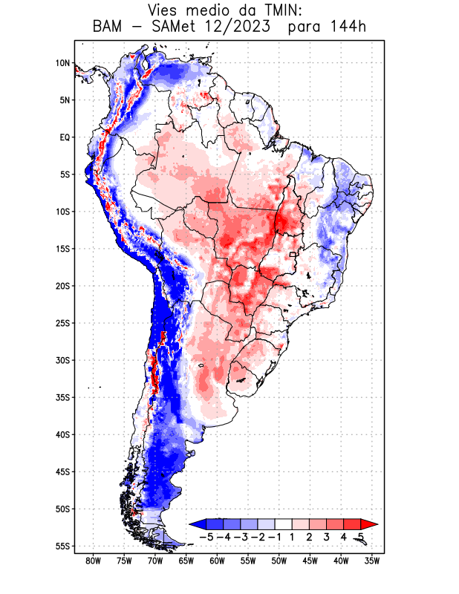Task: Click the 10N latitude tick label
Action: coord(62,63)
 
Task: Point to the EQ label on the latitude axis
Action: coord(65,137)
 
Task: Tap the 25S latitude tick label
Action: coord(62,323)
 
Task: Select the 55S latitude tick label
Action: coord(62,546)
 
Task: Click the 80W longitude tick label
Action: coord(93,561)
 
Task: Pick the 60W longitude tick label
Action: coord(217,561)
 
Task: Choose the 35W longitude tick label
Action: coord(373,561)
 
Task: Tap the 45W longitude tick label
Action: coord(310,561)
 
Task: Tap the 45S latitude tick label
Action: coord(62,471)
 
